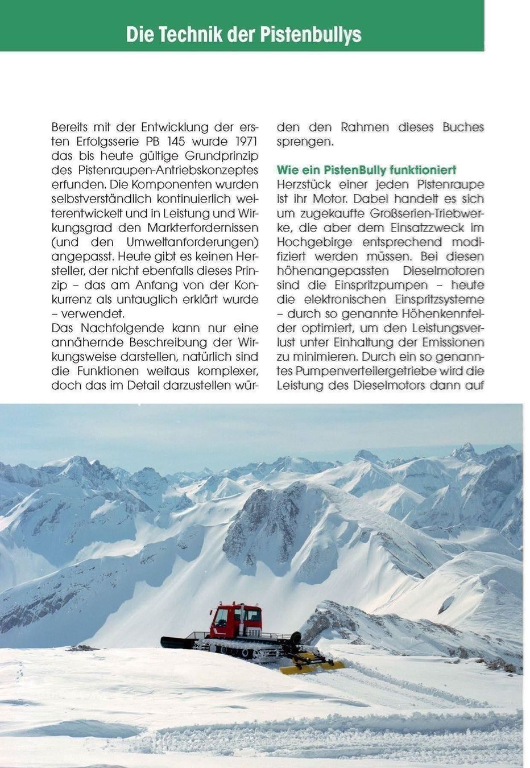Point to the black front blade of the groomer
pyautogui.click(x=177, y=642)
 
